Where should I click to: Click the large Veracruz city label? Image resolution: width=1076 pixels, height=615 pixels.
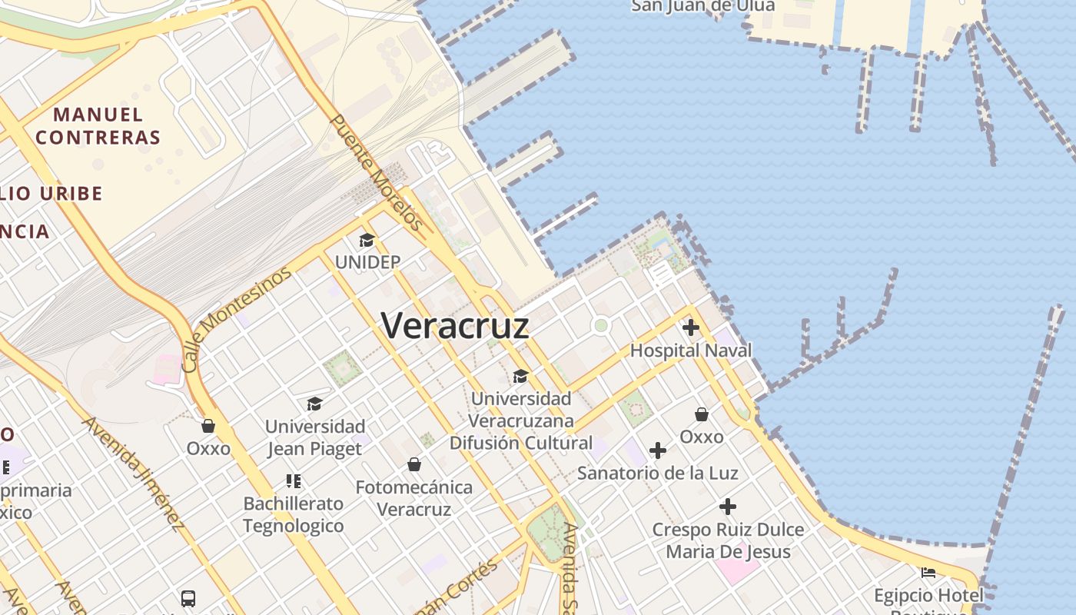click(455, 326)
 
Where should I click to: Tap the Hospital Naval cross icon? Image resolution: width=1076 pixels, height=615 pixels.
click(691, 327)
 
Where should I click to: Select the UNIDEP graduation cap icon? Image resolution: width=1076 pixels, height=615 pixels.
click(367, 241)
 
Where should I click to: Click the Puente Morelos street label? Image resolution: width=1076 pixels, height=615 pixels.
click(377, 172)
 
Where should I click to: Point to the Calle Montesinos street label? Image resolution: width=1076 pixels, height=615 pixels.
click(237, 319)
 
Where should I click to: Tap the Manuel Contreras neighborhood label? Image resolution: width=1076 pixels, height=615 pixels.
click(98, 127)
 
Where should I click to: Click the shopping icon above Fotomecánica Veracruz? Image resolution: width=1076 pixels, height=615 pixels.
click(414, 464)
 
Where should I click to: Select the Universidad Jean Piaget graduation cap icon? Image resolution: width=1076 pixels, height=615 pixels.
click(314, 404)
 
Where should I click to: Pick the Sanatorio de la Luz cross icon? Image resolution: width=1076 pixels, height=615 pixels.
click(658, 450)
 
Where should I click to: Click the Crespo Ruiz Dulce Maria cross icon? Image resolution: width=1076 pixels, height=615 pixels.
click(728, 507)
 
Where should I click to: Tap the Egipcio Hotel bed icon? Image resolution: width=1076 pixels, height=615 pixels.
click(928, 573)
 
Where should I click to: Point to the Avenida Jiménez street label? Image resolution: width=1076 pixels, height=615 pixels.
click(134, 474)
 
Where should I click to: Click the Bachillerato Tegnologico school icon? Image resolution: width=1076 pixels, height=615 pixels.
click(293, 481)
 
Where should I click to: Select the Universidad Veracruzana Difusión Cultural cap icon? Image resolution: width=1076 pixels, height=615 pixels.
click(521, 376)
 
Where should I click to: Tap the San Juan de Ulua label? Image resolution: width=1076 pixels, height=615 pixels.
click(702, 7)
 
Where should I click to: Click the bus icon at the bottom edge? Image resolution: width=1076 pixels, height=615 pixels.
click(188, 598)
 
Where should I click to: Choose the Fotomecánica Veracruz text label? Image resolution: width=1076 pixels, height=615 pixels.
click(414, 498)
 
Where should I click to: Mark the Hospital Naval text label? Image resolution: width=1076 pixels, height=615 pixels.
click(691, 351)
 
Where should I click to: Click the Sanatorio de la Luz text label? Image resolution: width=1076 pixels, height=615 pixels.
click(658, 473)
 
